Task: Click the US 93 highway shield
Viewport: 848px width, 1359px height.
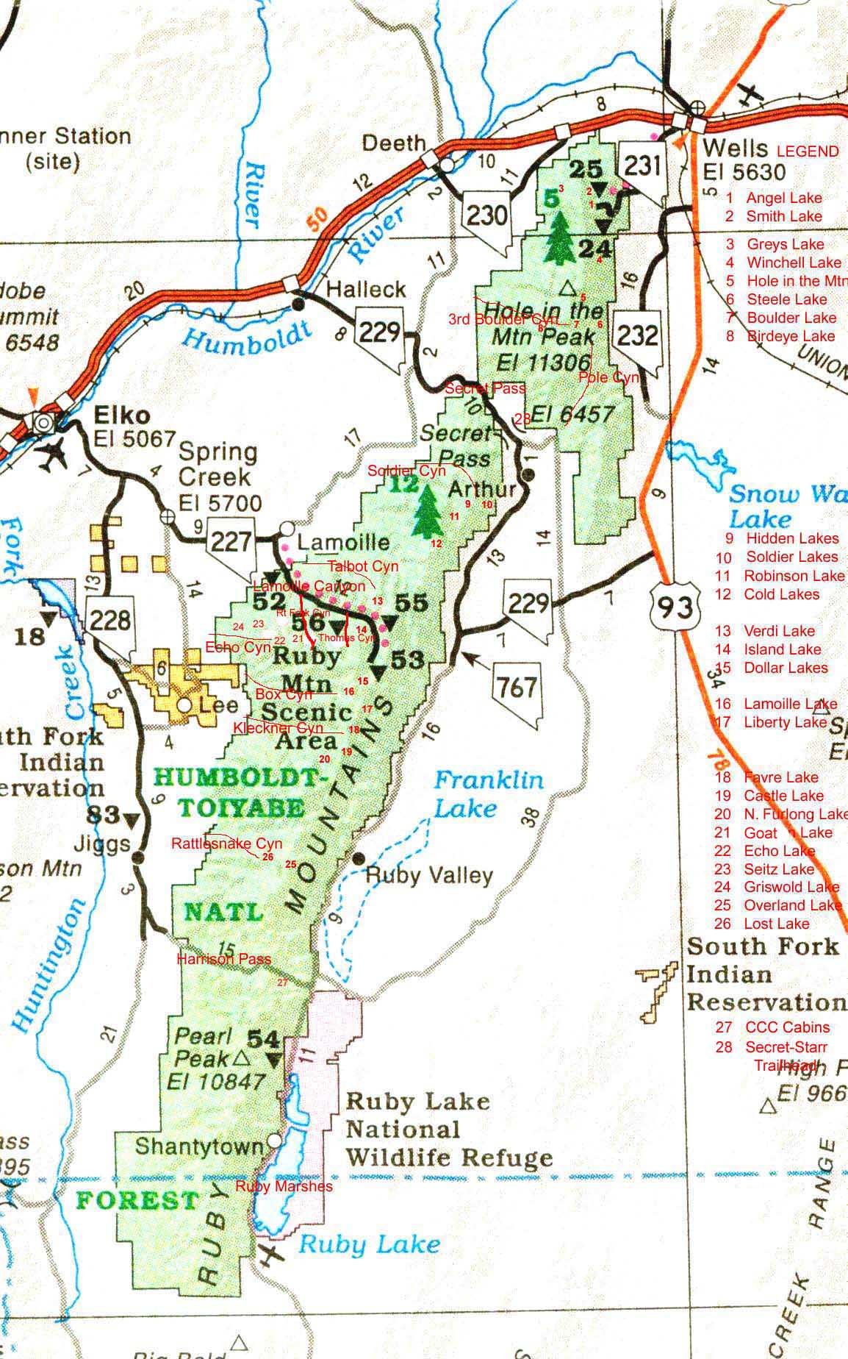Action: [675, 604]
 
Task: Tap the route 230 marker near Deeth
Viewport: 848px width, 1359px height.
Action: [486, 215]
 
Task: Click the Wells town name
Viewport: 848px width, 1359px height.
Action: [735, 148]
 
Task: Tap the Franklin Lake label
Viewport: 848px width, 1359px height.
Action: [488, 794]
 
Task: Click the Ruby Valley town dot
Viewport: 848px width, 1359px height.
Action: [359, 859]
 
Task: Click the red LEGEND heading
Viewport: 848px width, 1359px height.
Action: [808, 151]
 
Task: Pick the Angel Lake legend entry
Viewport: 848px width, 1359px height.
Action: [783, 198]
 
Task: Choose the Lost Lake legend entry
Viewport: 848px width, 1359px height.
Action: [777, 924]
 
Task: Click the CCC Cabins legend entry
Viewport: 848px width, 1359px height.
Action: [787, 1027]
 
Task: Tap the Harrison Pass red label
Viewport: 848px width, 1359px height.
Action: [224, 959]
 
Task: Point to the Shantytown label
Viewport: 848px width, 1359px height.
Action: [199, 1146]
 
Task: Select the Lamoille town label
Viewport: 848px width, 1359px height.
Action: [343, 543]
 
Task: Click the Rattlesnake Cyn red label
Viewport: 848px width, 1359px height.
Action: [226, 843]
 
